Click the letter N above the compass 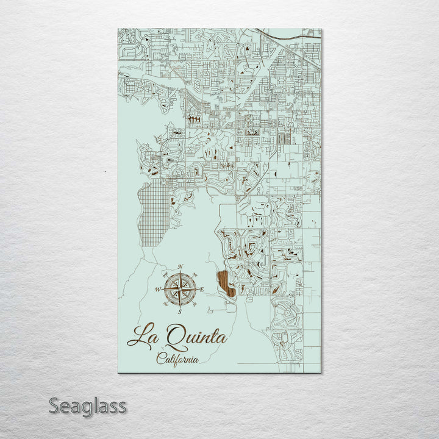(180, 267)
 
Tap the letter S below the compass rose (180, 312)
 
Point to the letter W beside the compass (159, 290)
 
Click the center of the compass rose (180, 289)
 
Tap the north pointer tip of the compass (180, 273)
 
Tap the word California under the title (177, 359)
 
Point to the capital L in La (135, 337)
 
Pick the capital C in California (160, 359)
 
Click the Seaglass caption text (88, 405)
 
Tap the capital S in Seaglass (54, 405)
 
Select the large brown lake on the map (226, 284)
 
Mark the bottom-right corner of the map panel (320, 371)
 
